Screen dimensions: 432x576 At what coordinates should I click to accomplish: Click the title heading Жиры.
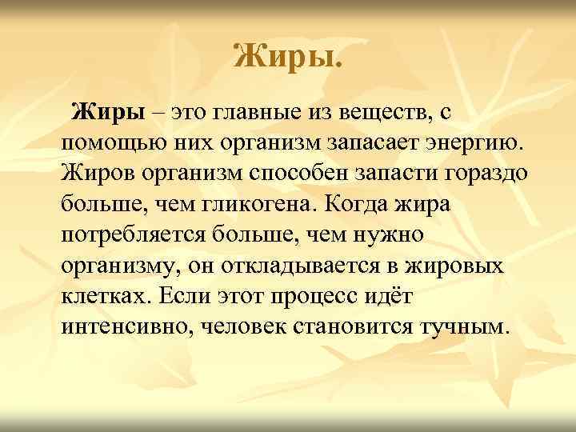287,56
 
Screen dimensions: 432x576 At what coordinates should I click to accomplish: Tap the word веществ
389,114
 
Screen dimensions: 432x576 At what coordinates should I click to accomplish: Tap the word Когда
354,204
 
